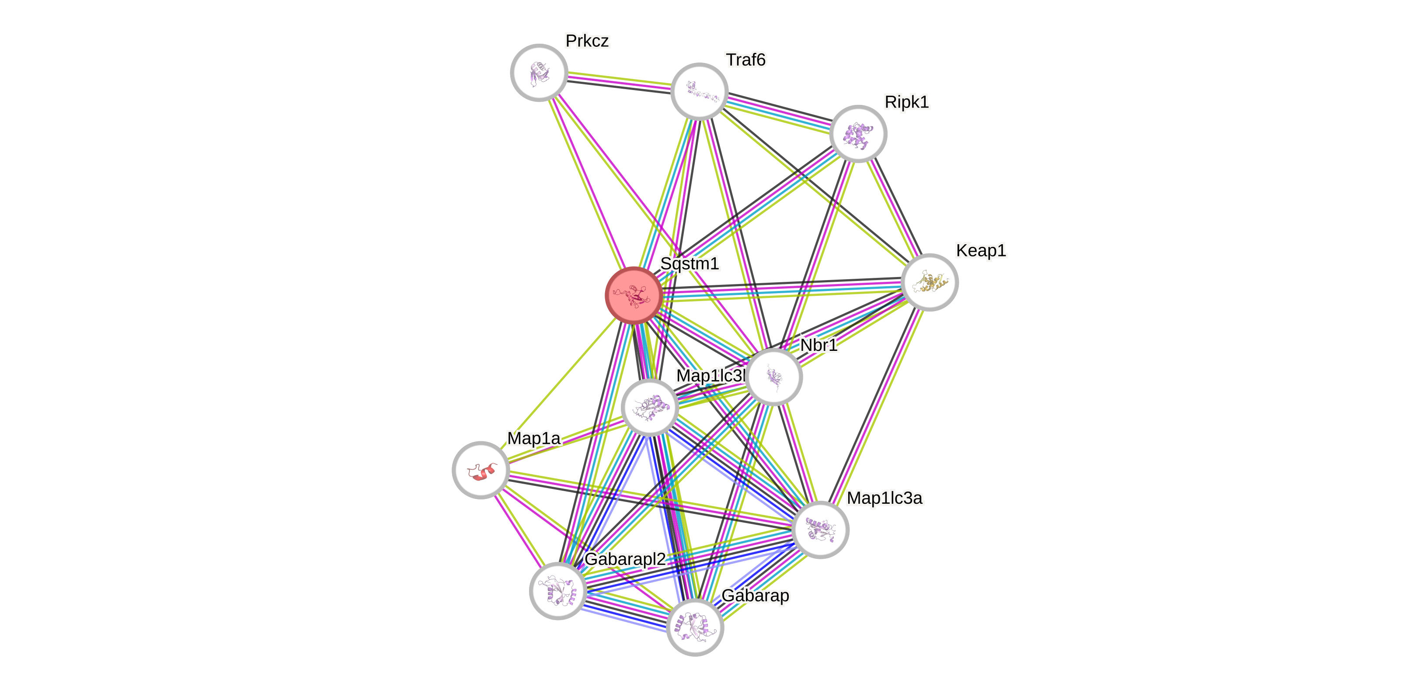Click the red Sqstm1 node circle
634,295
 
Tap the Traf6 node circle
700,91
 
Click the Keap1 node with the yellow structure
930,282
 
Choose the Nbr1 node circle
774,377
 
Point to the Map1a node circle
481,470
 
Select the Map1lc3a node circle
820,530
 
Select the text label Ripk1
906,102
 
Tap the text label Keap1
981,250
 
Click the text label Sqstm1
690,263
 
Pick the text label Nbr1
818,345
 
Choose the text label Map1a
533,438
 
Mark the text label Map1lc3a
884,498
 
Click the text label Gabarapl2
625,559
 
